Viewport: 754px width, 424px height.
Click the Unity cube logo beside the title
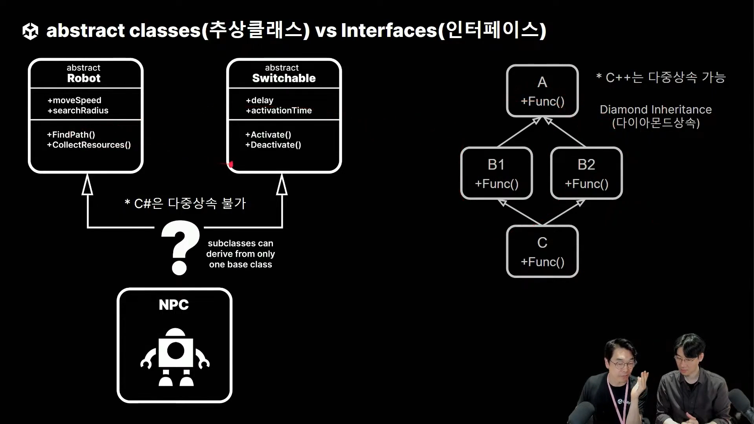click(x=30, y=31)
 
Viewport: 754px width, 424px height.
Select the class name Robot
click(x=84, y=78)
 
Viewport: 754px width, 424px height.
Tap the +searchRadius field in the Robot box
click(x=78, y=111)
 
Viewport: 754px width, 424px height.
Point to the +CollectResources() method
click(x=89, y=145)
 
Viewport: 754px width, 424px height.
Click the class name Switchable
click(x=284, y=78)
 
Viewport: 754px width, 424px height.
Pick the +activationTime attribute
click(x=279, y=111)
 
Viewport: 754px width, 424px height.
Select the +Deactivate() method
click(x=273, y=145)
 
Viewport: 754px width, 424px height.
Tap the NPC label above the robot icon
click(x=174, y=305)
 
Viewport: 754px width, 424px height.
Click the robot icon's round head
click(x=175, y=333)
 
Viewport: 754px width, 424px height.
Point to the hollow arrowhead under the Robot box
click(x=87, y=185)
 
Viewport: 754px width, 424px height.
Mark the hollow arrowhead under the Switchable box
click(x=282, y=185)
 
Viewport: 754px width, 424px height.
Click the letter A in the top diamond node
click(x=542, y=82)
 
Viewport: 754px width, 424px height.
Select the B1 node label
click(x=496, y=165)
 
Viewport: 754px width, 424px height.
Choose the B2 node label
click(x=586, y=165)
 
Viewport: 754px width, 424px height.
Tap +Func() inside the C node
click(x=542, y=262)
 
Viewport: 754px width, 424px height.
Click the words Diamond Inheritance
click(x=655, y=110)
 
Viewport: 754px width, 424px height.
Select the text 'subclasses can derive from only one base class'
click(x=240, y=254)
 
